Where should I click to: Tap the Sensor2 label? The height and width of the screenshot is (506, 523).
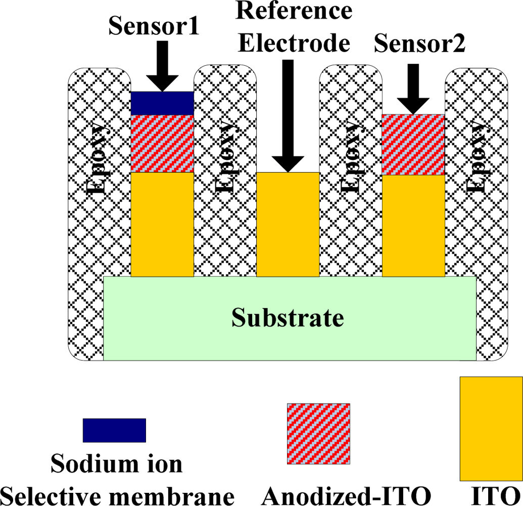(419, 45)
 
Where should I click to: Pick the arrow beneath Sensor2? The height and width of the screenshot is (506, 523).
(413, 89)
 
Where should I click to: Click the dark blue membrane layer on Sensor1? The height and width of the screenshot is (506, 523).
(162, 103)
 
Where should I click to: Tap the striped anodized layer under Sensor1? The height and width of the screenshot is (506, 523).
(162, 144)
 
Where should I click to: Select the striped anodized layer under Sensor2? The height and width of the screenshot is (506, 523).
(413, 145)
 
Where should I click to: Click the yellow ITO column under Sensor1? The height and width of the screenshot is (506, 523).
(162, 224)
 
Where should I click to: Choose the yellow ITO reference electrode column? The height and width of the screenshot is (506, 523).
(288, 224)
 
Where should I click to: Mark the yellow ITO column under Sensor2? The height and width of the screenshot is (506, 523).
(413, 226)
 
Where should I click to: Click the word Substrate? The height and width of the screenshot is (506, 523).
(288, 318)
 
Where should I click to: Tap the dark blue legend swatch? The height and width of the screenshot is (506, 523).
(114, 430)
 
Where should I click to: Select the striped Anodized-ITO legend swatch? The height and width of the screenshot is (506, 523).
(318, 434)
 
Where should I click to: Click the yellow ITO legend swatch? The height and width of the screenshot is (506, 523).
(491, 428)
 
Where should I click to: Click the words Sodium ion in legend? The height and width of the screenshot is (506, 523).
(117, 463)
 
